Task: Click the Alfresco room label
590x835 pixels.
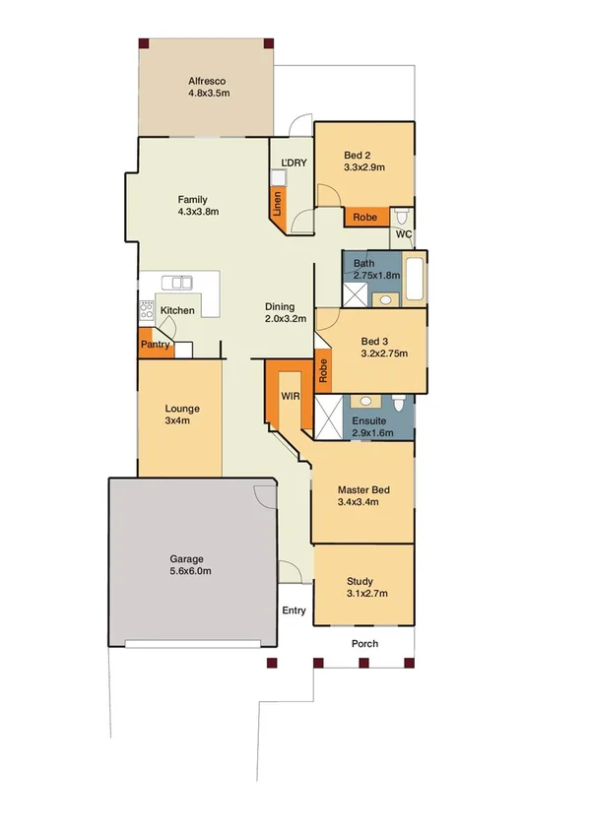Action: (208, 81)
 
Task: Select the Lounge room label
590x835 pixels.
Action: (182, 408)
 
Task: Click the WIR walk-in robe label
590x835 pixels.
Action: (290, 396)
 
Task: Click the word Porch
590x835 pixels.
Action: (364, 644)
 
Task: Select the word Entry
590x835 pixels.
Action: (294, 610)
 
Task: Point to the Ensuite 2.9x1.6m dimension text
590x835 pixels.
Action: (373, 432)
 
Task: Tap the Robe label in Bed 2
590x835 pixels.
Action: (364, 217)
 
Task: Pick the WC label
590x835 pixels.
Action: (403, 235)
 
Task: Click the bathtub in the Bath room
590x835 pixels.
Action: (415, 279)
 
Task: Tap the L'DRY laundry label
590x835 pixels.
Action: (293, 162)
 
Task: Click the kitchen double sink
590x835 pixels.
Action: (177, 283)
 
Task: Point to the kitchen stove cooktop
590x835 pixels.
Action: (145, 312)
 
